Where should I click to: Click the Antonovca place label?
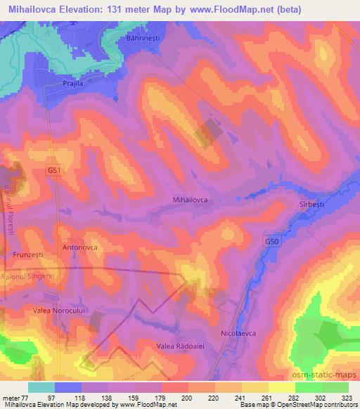[x=79, y=247]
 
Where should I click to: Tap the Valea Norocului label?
[x=60, y=309]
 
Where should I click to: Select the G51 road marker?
[x=54, y=171]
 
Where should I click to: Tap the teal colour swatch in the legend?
[x=40, y=387]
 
